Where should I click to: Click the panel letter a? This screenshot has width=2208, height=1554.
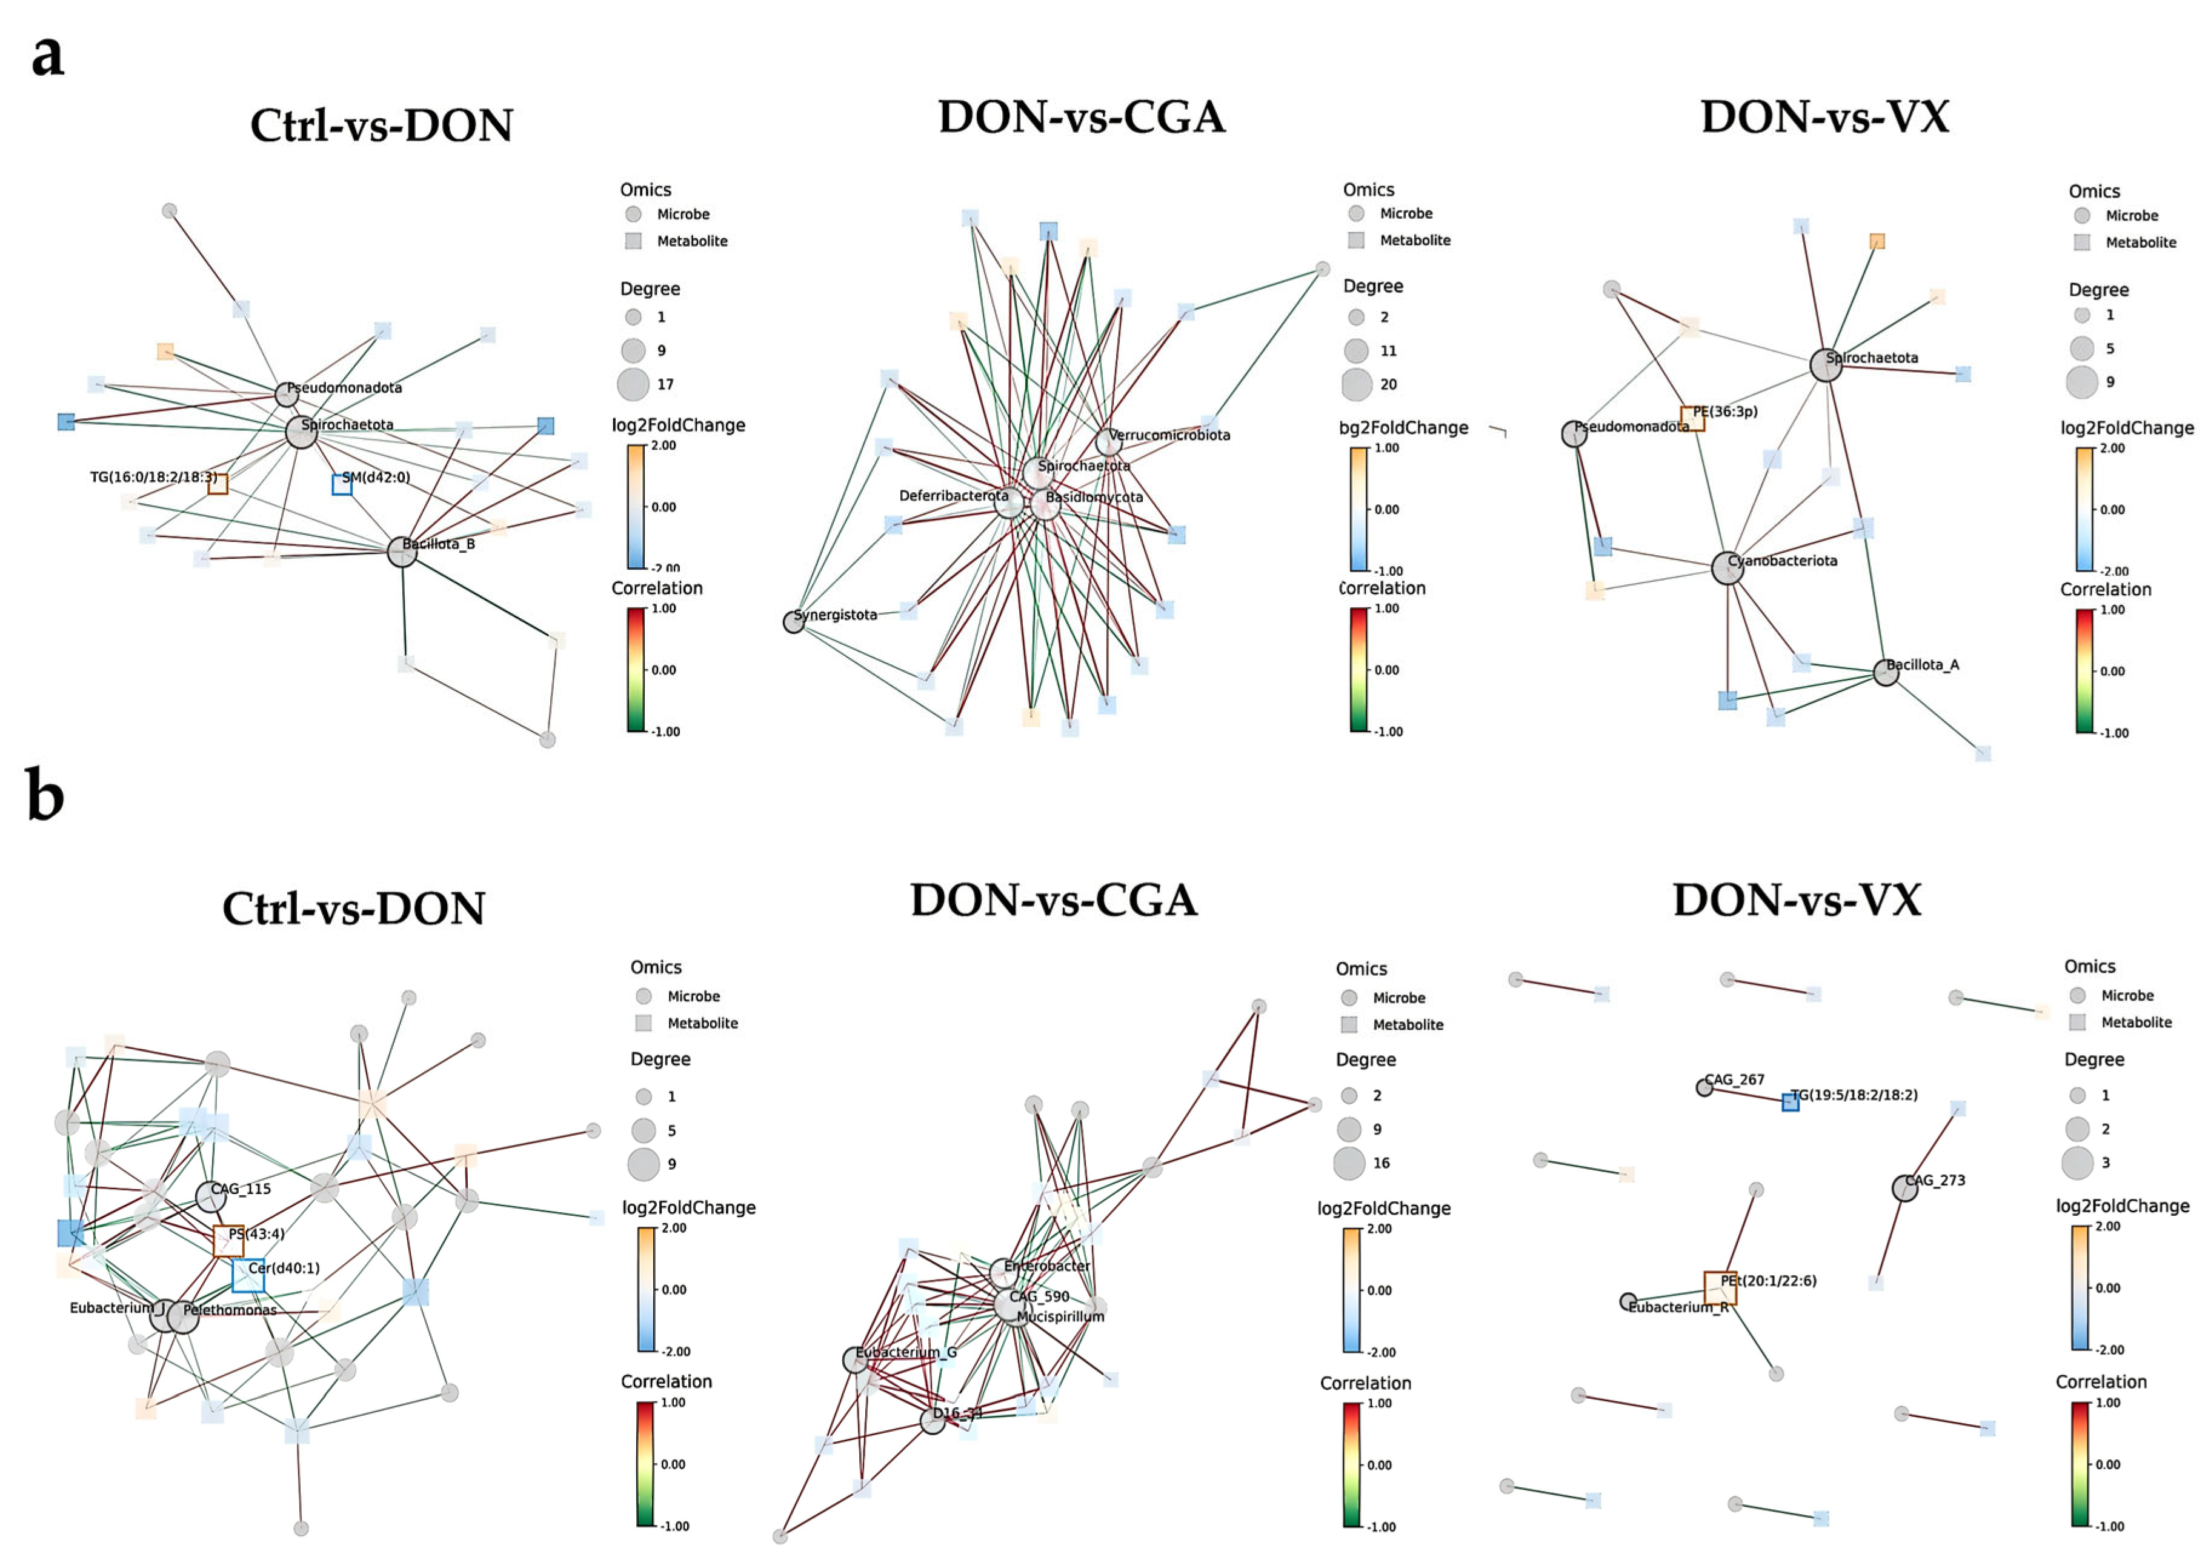[x=47, y=56]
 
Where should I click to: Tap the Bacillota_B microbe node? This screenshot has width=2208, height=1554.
[x=402, y=552]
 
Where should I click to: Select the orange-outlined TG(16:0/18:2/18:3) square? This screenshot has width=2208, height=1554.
[x=218, y=484]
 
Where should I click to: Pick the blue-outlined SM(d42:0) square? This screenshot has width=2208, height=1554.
[x=341, y=485]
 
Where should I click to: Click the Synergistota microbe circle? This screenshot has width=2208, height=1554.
[x=793, y=621]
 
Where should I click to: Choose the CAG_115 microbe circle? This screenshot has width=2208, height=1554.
[x=211, y=1196]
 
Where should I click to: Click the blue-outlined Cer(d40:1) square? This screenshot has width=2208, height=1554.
[x=248, y=1275]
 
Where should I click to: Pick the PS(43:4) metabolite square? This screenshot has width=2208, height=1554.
[x=228, y=1241]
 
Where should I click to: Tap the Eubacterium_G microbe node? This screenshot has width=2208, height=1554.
[x=855, y=1359]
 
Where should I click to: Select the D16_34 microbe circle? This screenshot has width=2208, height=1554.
[x=932, y=1420]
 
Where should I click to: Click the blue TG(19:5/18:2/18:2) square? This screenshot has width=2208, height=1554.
[x=1790, y=1102]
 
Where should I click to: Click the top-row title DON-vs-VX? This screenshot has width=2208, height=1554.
[x=1824, y=118]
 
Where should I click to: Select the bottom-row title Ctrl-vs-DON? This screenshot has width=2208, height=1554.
[x=354, y=908]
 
